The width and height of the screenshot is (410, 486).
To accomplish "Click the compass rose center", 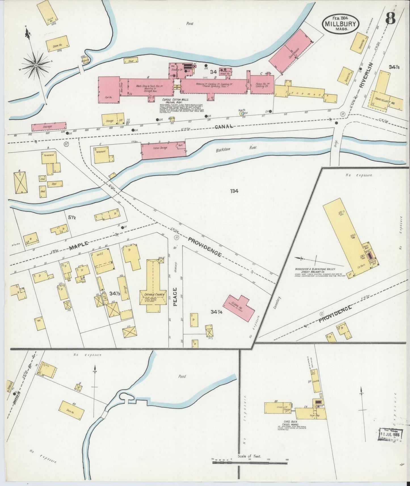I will tap(36, 65).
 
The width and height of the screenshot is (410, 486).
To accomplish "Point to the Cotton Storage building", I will tap(163, 150).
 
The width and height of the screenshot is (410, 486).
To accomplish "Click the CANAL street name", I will tap(224, 127).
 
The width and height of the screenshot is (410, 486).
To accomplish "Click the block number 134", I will tap(234, 191).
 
